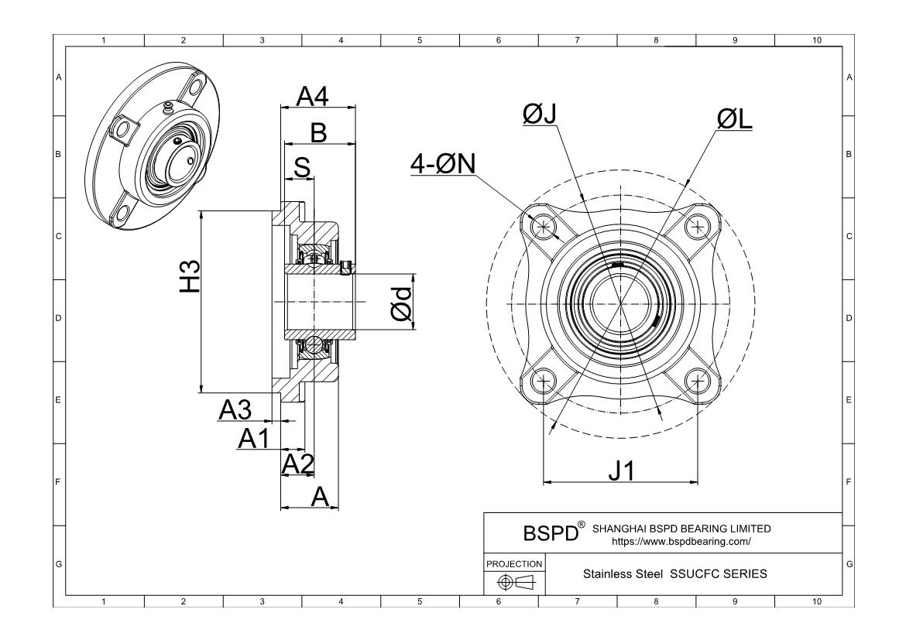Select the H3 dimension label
190,276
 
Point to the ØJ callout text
540,114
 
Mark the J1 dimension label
621,470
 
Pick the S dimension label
304,167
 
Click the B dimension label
318,133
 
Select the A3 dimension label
235,410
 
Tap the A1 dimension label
253,439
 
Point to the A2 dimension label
297,464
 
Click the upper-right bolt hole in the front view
698,226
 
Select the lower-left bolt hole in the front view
545,381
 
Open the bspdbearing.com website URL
681,542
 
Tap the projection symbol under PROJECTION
514,581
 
